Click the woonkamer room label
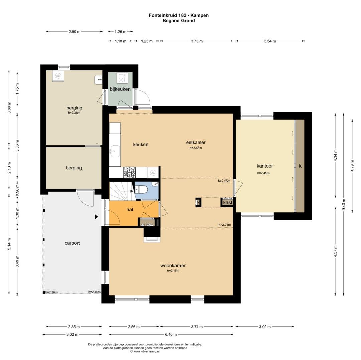click(173, 266)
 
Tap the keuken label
click(141, 144)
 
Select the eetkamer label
click(196, 142)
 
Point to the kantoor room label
click(265, 166)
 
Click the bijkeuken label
click(120, 89)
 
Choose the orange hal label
click(130, 209)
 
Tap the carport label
click(72, 243)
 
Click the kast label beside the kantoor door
click(228, 202)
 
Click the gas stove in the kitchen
click(130, 172)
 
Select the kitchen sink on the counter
click(115, 151)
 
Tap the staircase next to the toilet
click(122, 191)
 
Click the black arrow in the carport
click(97, 217)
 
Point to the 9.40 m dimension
click(344, 204)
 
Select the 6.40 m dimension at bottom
click(171, 335)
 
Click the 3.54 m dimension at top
click(270, 41)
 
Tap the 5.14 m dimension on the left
click(9, 244)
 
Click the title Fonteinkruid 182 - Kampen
click(179, 15)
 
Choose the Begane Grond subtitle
click(179, 21)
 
